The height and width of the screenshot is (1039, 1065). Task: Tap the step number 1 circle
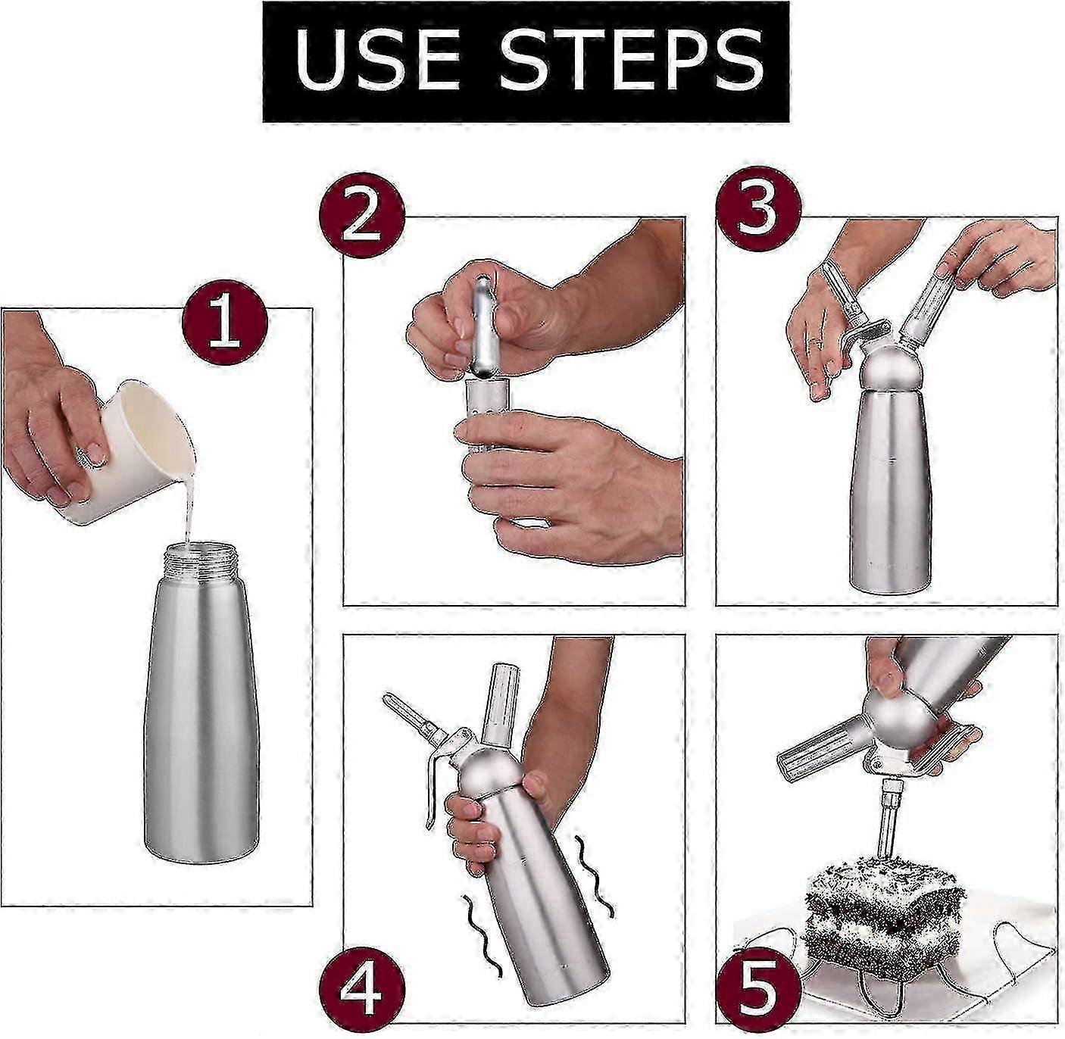(224, 320)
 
